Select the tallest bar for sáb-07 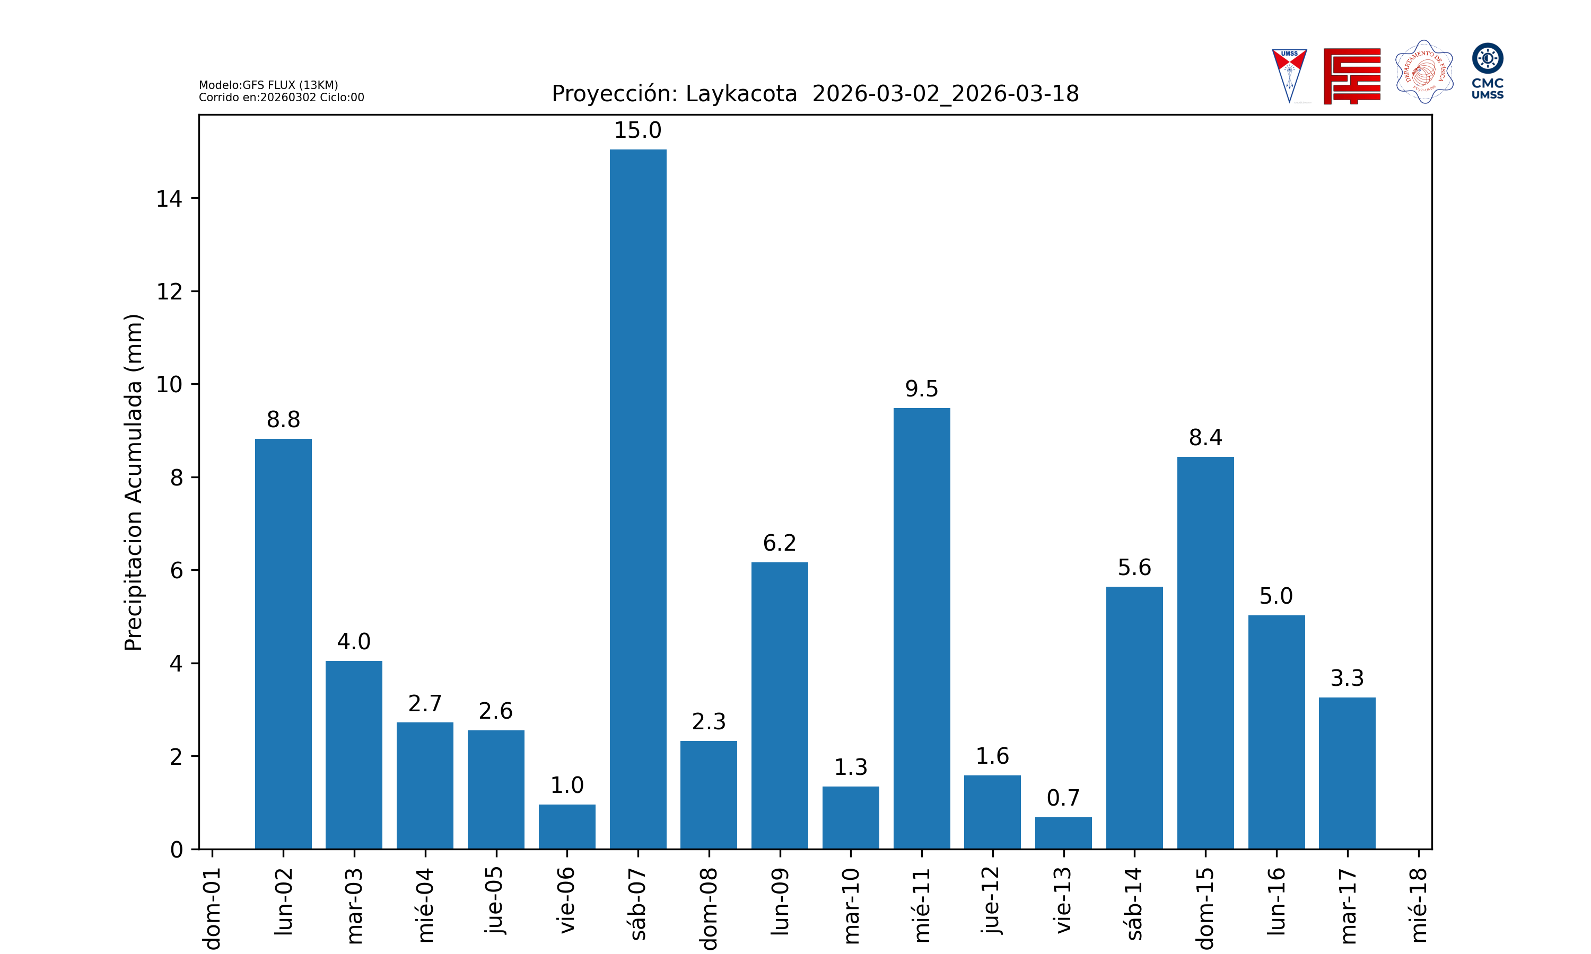tap(638, 499)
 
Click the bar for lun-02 tap(283, 643)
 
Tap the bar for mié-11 tap(922, 628)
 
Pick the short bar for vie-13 tap(1063, 833)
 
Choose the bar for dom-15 tap(1205, 652)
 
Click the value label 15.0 tap(637, 130)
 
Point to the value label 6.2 tap(780, 543)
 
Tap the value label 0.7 tap(1063, 798)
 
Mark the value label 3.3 tap(1347, 678)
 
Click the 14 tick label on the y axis tap(169, 199)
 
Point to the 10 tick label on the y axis tap(169, 384)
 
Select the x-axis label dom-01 tap(212, 908)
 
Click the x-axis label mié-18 tap(1418, 905)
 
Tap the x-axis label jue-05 tap(496, 899)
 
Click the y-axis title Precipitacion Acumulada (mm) tap(133, 482)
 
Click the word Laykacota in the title tap(741, 94)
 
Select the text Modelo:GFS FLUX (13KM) tap(268, 85)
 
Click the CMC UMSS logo tap(1488, 70)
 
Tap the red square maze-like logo tap(1352, 76)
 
